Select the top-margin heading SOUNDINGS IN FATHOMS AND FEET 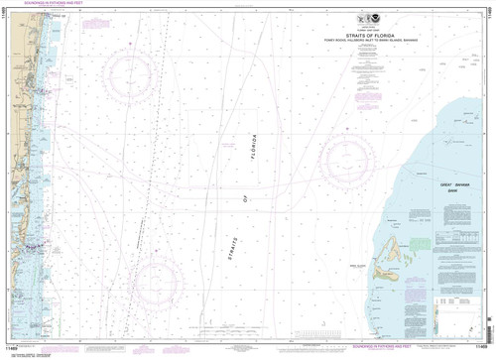[x=45, y=8]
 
